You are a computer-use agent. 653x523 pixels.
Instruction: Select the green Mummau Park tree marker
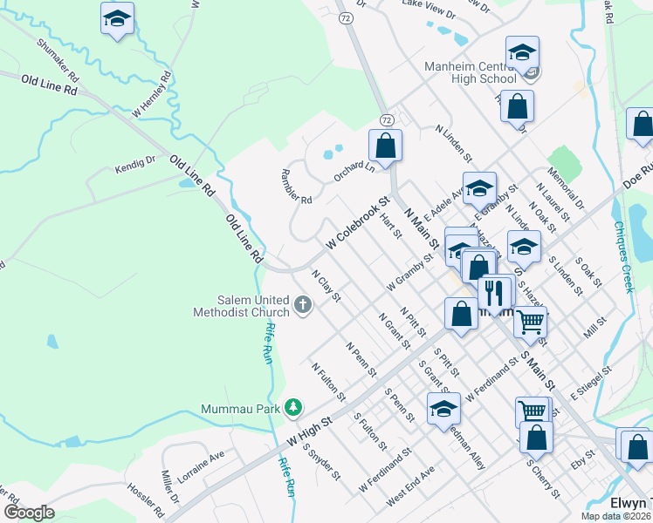[295, 406]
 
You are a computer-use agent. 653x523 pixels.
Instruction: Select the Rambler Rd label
[296, 187]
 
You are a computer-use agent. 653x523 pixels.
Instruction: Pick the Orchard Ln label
[354, 171]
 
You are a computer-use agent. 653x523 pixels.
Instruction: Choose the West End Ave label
[409, 484]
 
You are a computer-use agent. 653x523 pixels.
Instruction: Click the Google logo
[29, 513]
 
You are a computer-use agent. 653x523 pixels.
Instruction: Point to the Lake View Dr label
[429, 10]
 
